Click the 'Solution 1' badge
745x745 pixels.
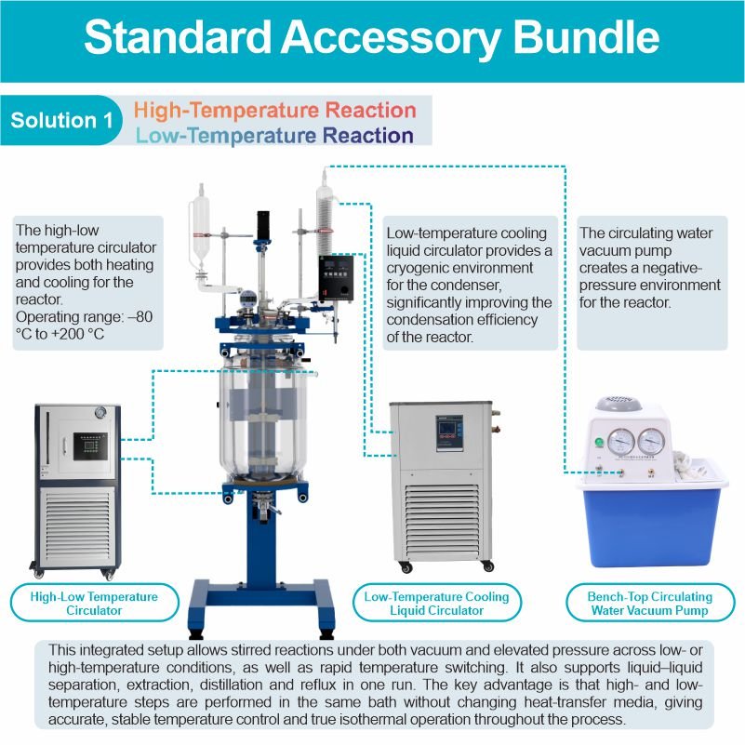[x=55, y=121]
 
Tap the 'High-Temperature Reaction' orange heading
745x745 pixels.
[x=274, y=110]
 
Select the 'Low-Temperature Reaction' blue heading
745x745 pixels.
[x=274, y=136]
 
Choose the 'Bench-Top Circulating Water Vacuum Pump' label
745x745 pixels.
[x=649, y=604]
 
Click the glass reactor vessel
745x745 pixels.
[x=263, y=419]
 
